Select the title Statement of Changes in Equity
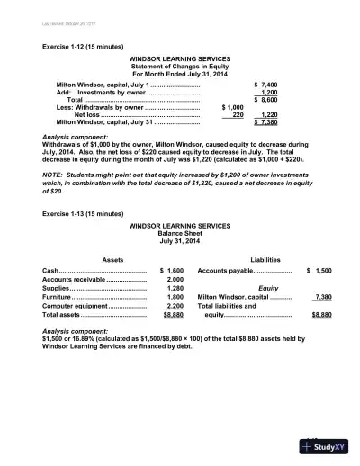click(180, 66)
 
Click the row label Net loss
click(86, 115)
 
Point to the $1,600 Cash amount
click(171, 270)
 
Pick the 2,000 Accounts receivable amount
click(175, 280)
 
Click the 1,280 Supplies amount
click(175, 289)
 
